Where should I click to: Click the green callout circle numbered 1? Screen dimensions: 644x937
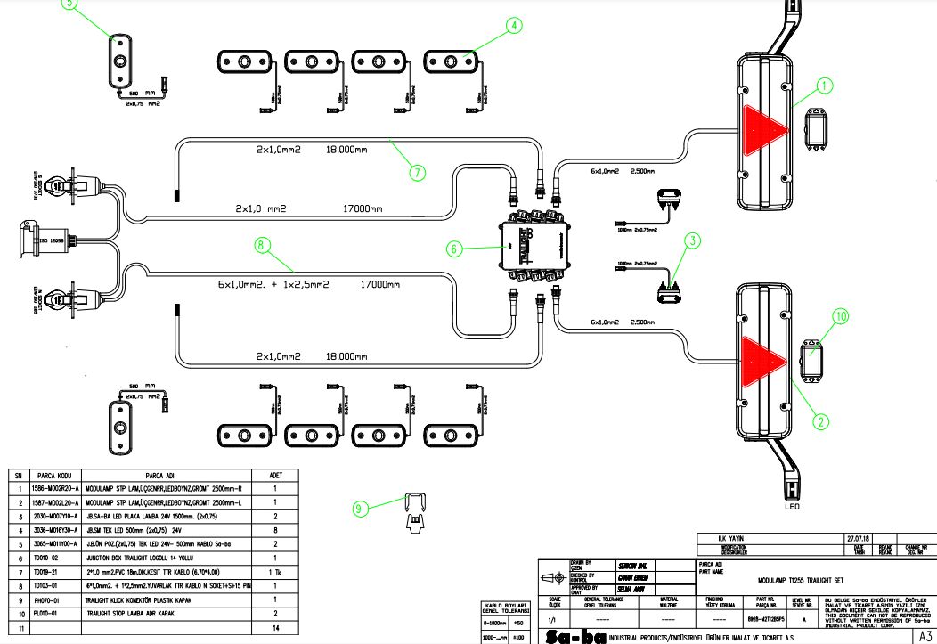825,86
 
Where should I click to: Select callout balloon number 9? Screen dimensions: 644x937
360,509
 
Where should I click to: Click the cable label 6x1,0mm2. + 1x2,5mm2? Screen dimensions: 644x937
274,286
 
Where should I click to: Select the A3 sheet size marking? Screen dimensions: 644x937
925,636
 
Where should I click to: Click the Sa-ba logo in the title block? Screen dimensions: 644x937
571,636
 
